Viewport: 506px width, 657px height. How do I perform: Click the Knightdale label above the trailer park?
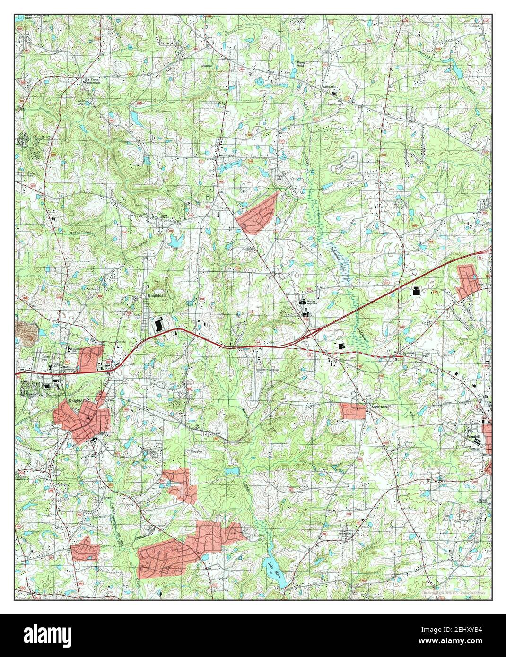[x=155, y=296]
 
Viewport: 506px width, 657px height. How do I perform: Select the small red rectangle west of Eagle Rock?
[x=353, y=411]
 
